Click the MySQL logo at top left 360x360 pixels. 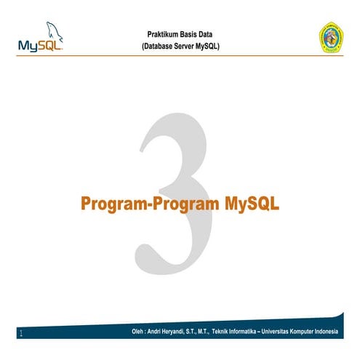[41, 40]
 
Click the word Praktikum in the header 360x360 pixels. [162, 35]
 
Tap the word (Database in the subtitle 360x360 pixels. [159, 47]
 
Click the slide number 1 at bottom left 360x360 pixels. [21, 335]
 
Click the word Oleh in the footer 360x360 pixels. [131, 333]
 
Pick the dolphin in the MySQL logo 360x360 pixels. [53, 31]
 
